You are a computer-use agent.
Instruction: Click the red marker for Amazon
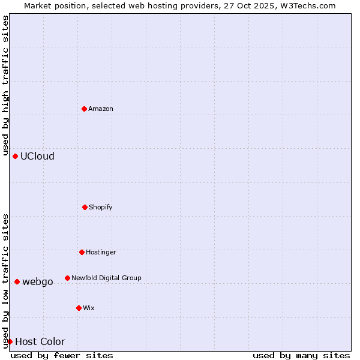pos(84,109)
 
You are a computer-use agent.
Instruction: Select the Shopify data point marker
pos(85,207)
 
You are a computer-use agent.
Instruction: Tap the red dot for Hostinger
pos(82,252)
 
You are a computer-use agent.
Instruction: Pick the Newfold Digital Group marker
pos(67,278)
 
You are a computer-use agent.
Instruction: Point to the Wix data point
pos(79,308)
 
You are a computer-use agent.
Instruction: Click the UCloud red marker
pos(15,156)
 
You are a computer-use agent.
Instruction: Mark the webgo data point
pos(17,281)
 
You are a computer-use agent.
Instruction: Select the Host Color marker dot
pos(10,341)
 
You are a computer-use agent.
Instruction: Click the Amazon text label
pos(101,109)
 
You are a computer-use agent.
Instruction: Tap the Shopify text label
pos(101,207)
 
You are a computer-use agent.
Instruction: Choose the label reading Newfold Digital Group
pos(106,278)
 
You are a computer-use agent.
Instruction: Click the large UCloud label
pos(37,156)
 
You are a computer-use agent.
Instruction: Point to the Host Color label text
pos(40,341)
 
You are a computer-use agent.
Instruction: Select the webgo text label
pos(38,281)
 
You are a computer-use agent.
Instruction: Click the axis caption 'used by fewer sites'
pos(62,355)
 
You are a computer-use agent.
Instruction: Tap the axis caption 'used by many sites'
pos(301,355)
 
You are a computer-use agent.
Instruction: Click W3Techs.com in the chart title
pos(310,5)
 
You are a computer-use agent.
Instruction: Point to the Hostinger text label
pos(101,252)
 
